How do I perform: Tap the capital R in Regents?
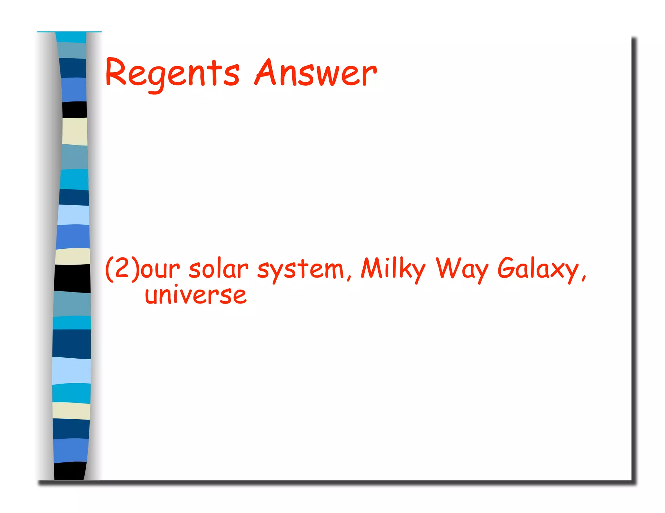point(116,72)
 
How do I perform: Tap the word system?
point(300,270)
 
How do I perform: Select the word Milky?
point(393,268)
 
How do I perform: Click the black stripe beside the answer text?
point(72,278)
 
